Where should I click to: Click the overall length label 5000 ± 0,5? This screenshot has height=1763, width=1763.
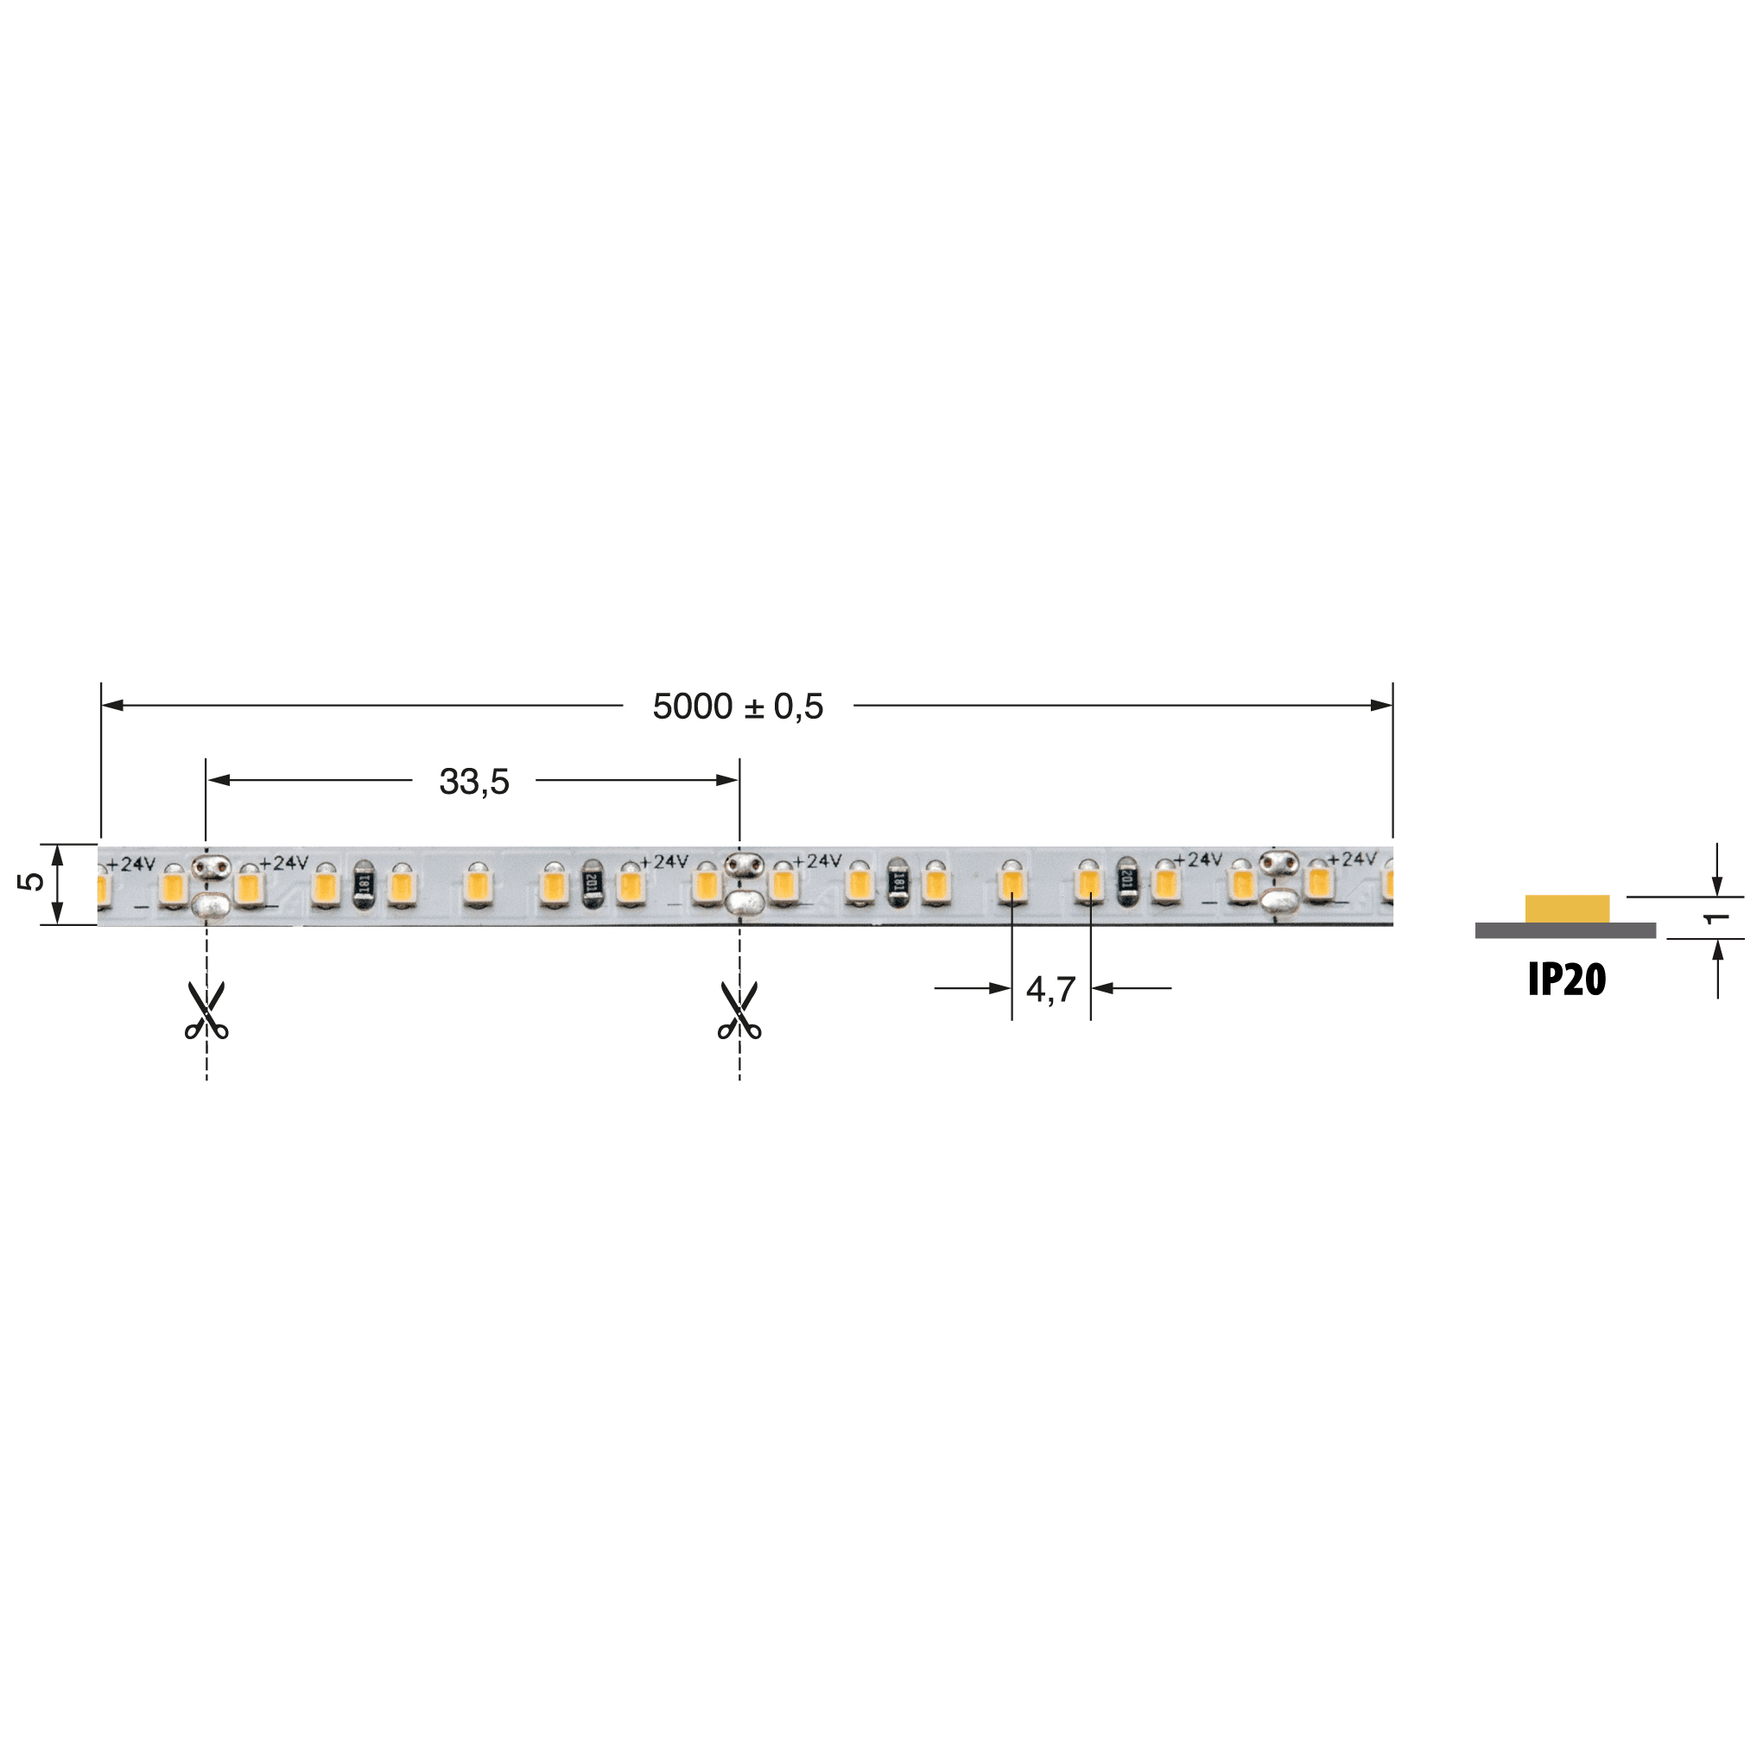(x=738, y=707)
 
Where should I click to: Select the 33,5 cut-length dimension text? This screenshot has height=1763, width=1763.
(x=473, y=781)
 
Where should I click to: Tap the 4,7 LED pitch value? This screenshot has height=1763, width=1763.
(x=1050, y=989)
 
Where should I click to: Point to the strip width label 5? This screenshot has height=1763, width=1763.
(x=31, y=880)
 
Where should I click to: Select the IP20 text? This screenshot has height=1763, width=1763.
(x=1566, y=980)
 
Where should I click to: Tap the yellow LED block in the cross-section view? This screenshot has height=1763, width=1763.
(x=1567, y=909)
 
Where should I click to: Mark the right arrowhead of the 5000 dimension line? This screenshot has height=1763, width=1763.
(x=1381, y=705)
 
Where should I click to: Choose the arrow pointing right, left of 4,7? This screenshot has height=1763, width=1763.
(x=999, y=988)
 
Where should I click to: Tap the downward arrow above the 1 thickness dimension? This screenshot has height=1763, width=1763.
(x=1717, y=885)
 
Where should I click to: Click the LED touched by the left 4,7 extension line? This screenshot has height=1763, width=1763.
(x=1012, y=884)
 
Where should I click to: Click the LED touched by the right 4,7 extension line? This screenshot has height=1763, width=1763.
(x=1088, y=884)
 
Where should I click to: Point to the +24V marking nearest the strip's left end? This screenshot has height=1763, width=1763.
(x=131, y=864)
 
